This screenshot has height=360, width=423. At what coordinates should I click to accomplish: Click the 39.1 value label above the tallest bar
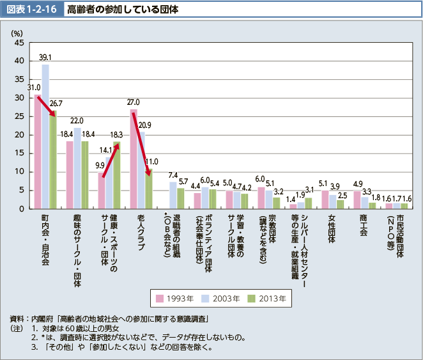tap(45, 57)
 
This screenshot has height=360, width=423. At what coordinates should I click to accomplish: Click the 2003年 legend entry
tap(220, 297)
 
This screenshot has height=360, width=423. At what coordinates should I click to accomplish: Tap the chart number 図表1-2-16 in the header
tap(33, 10)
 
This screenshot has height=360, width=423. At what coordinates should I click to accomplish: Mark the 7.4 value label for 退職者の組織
tap(173, 175)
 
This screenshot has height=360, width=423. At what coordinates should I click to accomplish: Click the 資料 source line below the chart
tap(115, 318)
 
